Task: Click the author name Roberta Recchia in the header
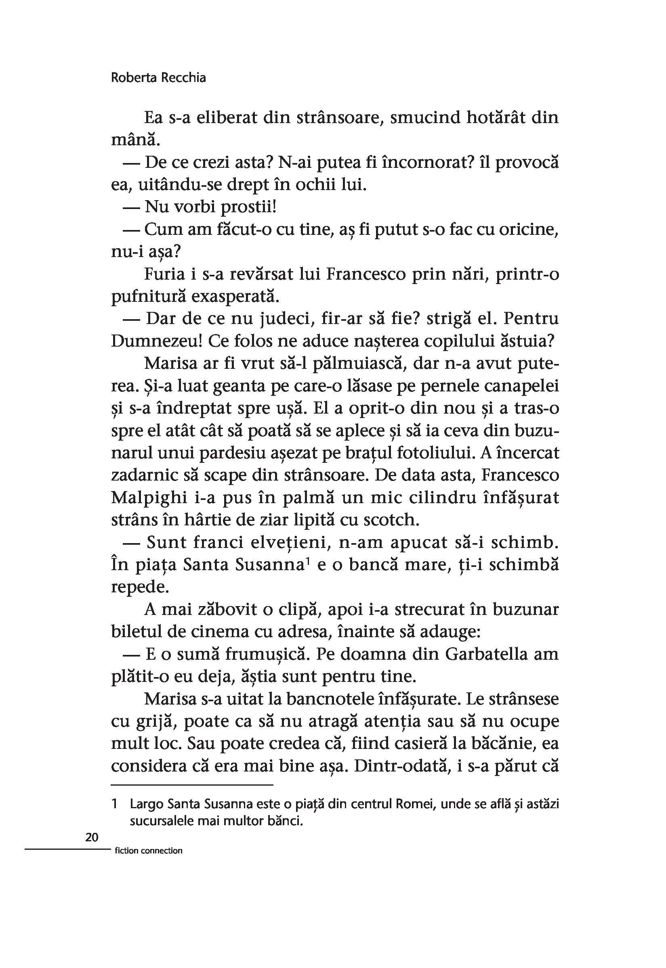pyautogui.click(x=158, y=78)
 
